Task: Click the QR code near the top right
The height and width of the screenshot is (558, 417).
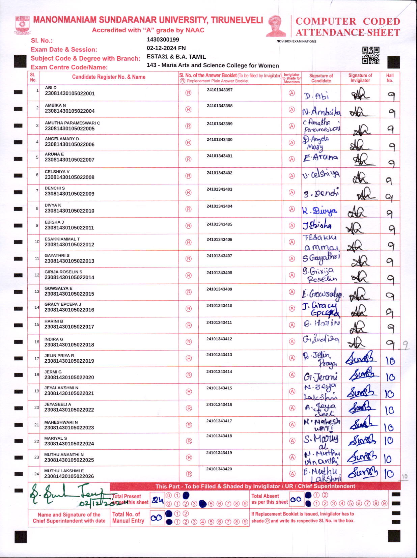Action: pyautogui.click(x=371, y=55)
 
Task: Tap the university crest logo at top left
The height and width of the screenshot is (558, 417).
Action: pyautogui.click(x=22, y=25)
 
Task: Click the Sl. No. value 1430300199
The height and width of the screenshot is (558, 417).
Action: pyautogui.click(x=163, y=39)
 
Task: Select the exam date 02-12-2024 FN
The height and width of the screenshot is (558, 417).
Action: pyautogui.click(x=166, y=48)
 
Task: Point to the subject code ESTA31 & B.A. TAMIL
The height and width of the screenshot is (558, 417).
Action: pyautogui.click(x=176, y=57)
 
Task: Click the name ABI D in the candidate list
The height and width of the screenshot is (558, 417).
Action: pyautogui.click(x=51, y=88)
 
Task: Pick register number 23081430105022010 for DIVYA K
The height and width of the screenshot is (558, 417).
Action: pyautogui.click(x=69, y=211)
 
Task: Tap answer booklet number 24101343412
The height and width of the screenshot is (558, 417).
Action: pyautogui.click(x=219, y=339)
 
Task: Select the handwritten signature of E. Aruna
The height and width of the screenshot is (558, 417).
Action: pyautogui.click(x=320, y=158)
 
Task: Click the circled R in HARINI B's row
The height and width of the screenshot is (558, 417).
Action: pyautogui.click(x=189, y=325)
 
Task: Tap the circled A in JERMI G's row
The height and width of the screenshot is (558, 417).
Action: pyautogui.click(x=292, y=375)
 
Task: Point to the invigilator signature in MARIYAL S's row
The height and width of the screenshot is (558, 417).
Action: pyautogui.click(x=362, y=440)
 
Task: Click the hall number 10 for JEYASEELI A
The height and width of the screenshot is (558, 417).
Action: pyautogui.click(x=389, y=410)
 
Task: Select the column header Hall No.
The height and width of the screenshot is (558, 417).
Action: pyautogui.click(x=390, y=78)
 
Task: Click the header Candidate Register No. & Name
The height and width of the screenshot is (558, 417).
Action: pyautogui.click(x=109, y=77)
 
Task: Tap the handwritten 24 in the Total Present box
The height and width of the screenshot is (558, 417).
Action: pyautogui.click(x=157, y=500)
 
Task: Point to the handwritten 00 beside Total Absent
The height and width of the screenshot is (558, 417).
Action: pyautogui.click(x=296, y=500)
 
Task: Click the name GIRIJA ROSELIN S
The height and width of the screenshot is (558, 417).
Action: pyautogui.click(x=63, y=272)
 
